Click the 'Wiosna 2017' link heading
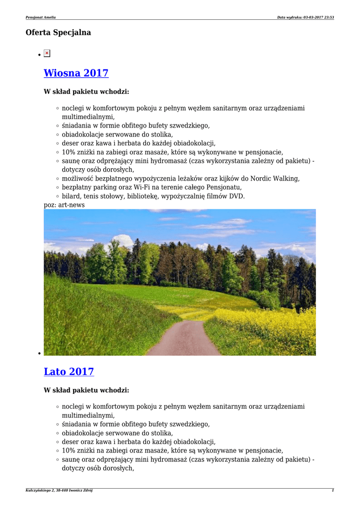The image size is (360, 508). (76, 73)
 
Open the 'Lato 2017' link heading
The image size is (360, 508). (69, 372)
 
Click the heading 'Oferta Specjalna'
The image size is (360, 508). (58, 33)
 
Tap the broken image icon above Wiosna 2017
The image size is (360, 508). (47, 53)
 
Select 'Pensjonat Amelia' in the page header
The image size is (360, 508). (41, 17)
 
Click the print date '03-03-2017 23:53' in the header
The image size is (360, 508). (318, 17)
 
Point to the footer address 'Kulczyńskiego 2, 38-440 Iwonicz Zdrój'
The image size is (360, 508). (59, 490)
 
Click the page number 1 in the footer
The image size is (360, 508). (333, 490)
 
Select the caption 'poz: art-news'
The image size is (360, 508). (64, 205)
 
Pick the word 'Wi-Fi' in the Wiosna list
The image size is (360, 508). (157, 188)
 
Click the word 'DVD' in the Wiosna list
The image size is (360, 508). (237, 196)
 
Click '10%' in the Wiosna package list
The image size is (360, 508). (69, 152)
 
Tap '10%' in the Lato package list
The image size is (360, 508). (69, 451)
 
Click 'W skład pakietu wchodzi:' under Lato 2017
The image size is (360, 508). (86, 390)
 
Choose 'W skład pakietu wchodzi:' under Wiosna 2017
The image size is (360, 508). (86, 92)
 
